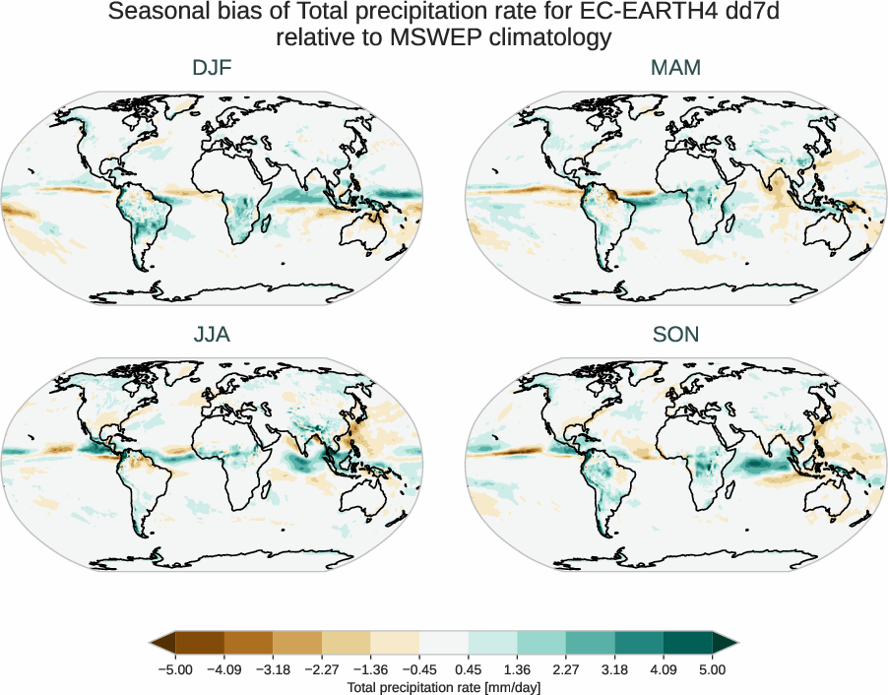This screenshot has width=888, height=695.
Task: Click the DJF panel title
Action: [x=212, y=68]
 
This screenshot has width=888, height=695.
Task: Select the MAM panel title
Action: [x=675, y=68]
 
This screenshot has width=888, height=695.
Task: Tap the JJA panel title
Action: [x=212, y=335]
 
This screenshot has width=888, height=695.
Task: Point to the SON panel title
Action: [x=675, y=335]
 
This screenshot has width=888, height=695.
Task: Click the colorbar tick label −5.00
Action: [x=175, y=669]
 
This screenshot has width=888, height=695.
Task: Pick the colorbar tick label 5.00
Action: [x=713, y=669]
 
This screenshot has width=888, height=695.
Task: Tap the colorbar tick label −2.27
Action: [x=322, y=669]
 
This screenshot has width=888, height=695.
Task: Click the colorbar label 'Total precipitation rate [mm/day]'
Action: [x=444, y=687]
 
